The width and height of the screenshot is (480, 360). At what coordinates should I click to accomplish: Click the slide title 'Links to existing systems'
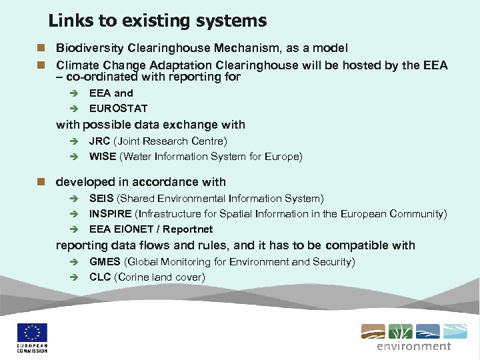click(157, 21)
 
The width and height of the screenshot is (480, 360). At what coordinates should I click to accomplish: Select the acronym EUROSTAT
click(118, 108)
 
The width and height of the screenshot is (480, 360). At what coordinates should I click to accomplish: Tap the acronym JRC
click(99, 141)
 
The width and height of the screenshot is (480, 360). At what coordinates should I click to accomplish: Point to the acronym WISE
click(103, 157)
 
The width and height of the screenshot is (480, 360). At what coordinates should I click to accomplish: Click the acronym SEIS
click(101, 199)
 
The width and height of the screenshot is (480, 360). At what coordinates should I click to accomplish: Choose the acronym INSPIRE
click(110, 214)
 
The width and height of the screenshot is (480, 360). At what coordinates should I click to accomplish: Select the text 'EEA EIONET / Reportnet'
click(151, 229)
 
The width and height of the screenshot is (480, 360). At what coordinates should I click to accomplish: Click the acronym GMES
click(105, 262)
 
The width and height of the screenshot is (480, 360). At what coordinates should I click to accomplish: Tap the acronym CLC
click(100, 277)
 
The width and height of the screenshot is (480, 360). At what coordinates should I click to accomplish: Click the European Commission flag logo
click(31, 333)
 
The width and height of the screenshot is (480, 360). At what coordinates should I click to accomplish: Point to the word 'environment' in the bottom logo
click(413, 346)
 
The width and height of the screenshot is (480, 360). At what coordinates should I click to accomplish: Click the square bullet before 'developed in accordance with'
click(41, 182)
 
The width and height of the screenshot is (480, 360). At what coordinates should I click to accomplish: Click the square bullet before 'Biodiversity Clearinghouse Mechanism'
click(41, 49)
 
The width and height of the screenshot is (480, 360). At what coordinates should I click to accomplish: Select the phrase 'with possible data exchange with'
click(151, 125)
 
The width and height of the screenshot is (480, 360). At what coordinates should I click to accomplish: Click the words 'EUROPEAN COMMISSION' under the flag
click(31, 349)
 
